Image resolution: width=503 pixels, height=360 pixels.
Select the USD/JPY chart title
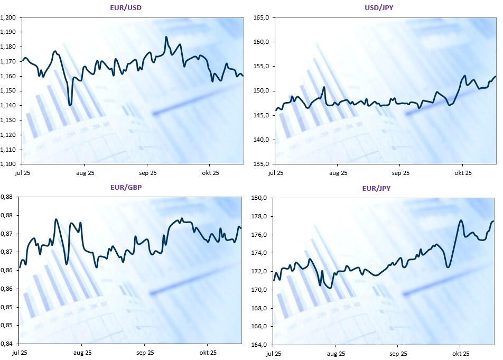[378, 7]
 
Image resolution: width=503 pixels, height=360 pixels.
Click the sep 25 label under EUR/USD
[147, 173]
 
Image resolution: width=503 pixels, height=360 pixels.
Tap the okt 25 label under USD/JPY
[463, 173]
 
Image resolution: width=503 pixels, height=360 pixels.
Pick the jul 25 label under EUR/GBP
[20, 353]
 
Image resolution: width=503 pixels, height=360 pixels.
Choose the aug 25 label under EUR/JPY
[336, 354]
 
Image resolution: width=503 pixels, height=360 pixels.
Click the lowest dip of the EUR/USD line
[70, 105]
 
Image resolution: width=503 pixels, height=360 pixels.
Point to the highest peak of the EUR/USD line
[166, 37]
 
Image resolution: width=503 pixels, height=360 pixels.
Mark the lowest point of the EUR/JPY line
[330, 288]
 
